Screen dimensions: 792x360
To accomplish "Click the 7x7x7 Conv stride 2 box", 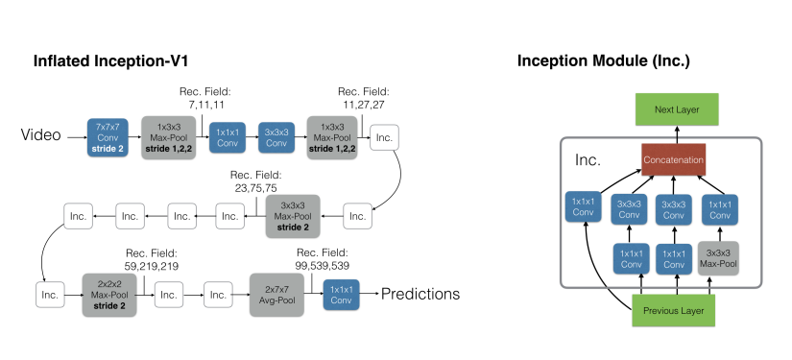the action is pyautogui.click(x=108, y=137).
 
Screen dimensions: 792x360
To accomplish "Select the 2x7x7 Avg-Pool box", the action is pyautogui.click(x=276, y=295).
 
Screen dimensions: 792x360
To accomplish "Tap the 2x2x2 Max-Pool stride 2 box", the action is pyautogui.click(x=109, y=295).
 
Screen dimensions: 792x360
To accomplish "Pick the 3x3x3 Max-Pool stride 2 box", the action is pyautogui.click(x=293, y=216).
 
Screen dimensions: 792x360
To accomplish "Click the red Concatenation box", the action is pyautogui.click(x=673, y=159).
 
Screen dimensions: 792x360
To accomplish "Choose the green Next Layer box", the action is pyautogui.click(x=677, y=109).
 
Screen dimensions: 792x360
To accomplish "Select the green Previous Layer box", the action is pyautogui.click(x=673, y=310).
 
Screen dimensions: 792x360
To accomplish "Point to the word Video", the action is pyautogui.click(x=41, y=134).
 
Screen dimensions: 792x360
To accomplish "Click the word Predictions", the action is pyautogui.click(x=420, y=294).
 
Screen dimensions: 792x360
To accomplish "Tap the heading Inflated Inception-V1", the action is pyautogui.click(x=110, y=61).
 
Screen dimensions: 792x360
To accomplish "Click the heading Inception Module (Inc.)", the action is pyautogui.click(x=604, y=61).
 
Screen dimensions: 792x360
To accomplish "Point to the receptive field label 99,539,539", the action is pyautogui.click(x=323, y=266).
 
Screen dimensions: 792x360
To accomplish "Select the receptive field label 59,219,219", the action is pyautogui.click(x=152, y=266).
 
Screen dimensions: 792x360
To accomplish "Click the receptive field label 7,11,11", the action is pyautogui.click(x=204, y=105).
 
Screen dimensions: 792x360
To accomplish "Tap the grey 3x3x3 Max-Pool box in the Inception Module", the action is pyautogui.click(x=718, y=258).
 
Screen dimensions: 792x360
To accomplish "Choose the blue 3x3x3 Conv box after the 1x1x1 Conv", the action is pyautogui.click(x=276, y=137).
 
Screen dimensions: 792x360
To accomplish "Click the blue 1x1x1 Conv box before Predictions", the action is pyautogui.click(x=341, y=295).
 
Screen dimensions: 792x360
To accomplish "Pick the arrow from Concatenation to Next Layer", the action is pyautogui.click(x=677, y=134).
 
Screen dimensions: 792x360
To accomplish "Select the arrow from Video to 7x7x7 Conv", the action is pyautogui.click(x=78, y=137).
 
